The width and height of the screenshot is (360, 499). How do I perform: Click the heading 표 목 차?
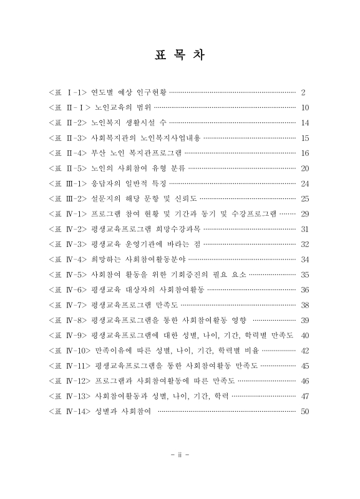[x=180, y=55]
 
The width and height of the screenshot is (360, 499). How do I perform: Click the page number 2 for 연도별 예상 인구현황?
[x=303, y=92]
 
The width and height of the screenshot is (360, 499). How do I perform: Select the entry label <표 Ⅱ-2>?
[x=67, y=123]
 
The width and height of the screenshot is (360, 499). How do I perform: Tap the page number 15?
[x=304, y=138]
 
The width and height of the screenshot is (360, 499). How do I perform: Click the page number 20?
[x=304, y=168]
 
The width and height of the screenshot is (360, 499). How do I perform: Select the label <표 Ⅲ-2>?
[x=67, y=198]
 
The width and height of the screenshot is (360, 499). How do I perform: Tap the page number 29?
[x=304, y=213]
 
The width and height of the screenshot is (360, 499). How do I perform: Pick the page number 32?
[x=304, y=244]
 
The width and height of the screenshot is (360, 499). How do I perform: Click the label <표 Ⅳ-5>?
[x=67, y=274]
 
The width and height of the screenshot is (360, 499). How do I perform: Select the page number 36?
[x=304, y=289]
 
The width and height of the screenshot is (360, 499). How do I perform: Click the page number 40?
[x=304, y=335]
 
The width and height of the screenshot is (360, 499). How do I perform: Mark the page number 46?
[x=304, y=380]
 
